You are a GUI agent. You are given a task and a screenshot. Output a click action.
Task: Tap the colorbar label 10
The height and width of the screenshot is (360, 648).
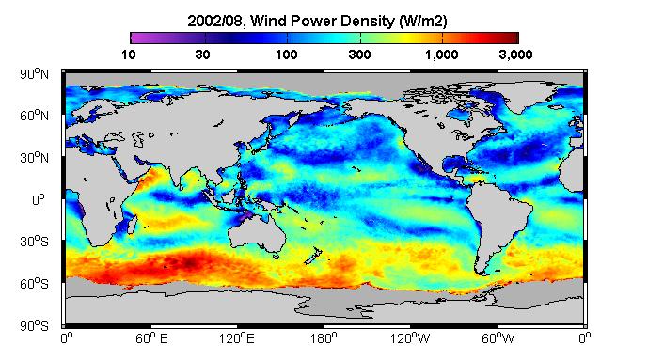pos(129,55)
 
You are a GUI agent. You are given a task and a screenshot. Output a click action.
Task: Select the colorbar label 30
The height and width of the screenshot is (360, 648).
pos(202,55)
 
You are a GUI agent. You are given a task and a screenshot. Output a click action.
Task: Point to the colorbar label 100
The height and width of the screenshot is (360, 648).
pos(287,55)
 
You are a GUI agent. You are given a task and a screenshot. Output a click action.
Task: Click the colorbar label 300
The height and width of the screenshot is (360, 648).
pos(359,55)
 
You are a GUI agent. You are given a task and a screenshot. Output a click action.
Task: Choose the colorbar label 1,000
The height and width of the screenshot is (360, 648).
pos(441,55)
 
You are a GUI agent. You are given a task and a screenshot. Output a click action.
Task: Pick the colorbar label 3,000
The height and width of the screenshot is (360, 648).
pos(515,55)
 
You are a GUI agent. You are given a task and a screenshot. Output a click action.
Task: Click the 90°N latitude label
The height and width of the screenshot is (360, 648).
pos(34,74)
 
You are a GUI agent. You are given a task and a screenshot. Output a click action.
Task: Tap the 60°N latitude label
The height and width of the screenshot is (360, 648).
pos(34,116)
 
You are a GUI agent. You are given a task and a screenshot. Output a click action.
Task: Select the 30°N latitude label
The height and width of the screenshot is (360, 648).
pos(34,158)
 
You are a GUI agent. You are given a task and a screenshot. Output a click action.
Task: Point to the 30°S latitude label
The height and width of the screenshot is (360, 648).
pos(34,242)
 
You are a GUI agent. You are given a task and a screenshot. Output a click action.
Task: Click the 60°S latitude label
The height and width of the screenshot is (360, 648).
pos(34,284)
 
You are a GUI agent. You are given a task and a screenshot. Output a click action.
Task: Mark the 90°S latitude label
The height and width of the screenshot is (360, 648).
pos(34,326)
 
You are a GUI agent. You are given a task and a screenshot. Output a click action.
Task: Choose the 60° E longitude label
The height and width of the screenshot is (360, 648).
pos(151,338)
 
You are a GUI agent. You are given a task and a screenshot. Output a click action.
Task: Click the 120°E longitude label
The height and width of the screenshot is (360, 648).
pos(237,338)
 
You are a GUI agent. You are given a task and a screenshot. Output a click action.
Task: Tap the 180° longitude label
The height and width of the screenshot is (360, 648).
pos(324,338)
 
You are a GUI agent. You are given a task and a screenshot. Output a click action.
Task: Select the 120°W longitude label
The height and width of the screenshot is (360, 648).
pos(410,338)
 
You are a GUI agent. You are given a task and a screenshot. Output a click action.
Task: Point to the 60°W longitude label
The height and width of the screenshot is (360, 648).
pos(498,338)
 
